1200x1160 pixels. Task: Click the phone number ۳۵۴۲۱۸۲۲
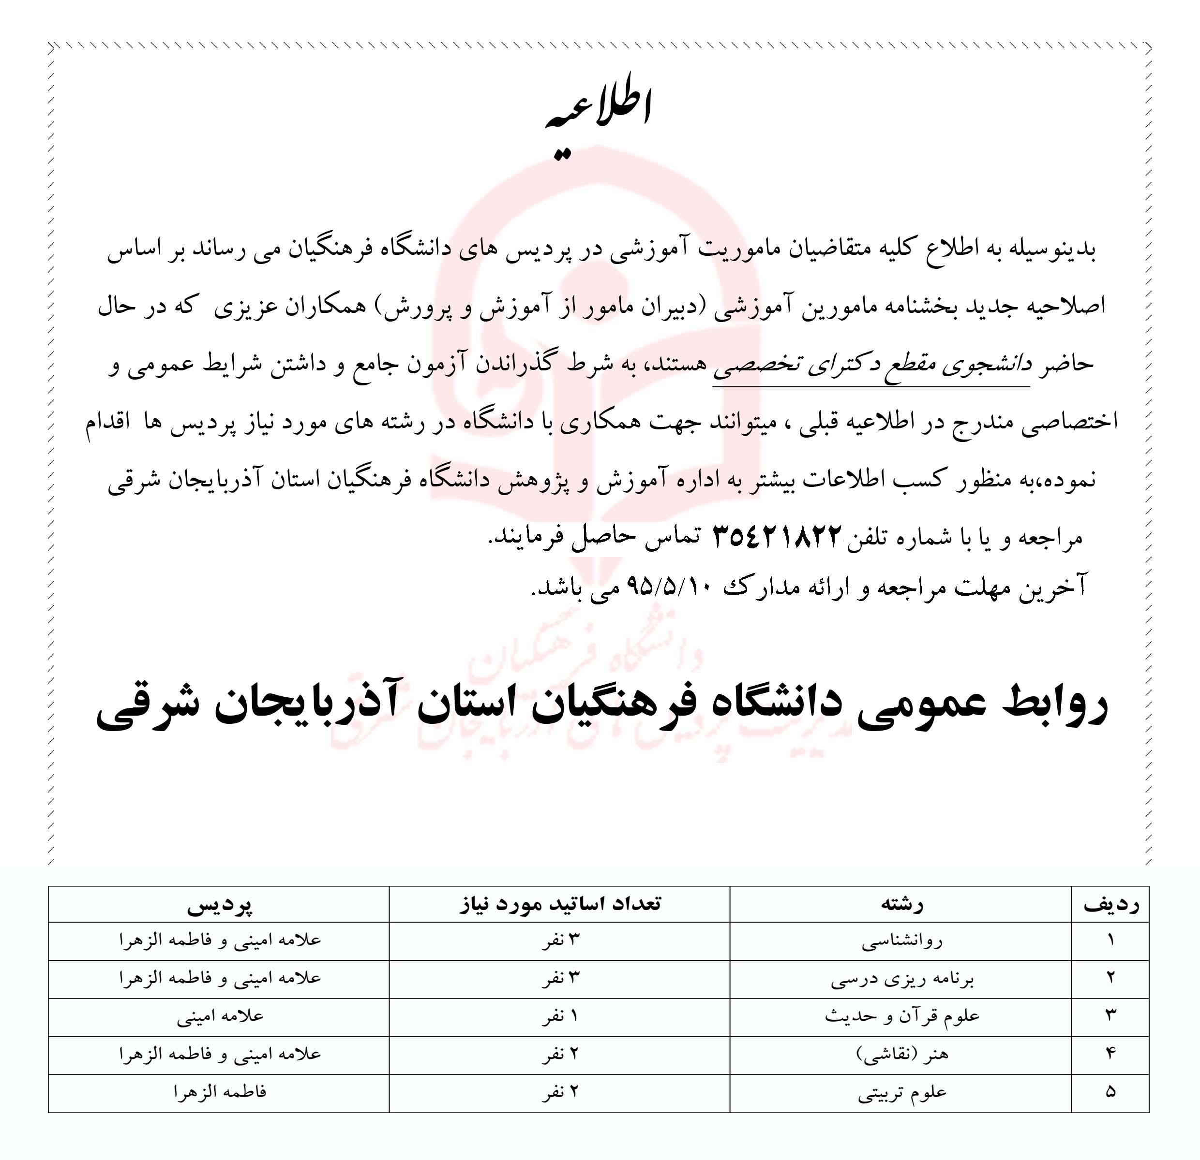coord(778,537)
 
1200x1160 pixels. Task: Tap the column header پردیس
coord(219,904)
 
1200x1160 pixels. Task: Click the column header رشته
coord(901,904)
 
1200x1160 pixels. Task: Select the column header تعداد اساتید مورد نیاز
coord(559,904)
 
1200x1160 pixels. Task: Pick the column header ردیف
coord(1110,904)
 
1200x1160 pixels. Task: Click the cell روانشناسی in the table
coord(901,941)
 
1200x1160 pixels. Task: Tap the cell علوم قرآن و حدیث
coord(901,1017)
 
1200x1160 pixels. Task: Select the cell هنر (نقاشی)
coord(901,1054)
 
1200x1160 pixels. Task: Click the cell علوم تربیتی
coord(901,1092)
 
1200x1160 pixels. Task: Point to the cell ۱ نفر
coord(559,1017)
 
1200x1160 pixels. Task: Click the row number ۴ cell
coord(1110,1054)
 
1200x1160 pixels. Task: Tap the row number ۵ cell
coord(1110,1092)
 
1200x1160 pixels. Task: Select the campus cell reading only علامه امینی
coord(220,1017)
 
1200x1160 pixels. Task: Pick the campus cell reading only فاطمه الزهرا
coord(220,1092)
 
